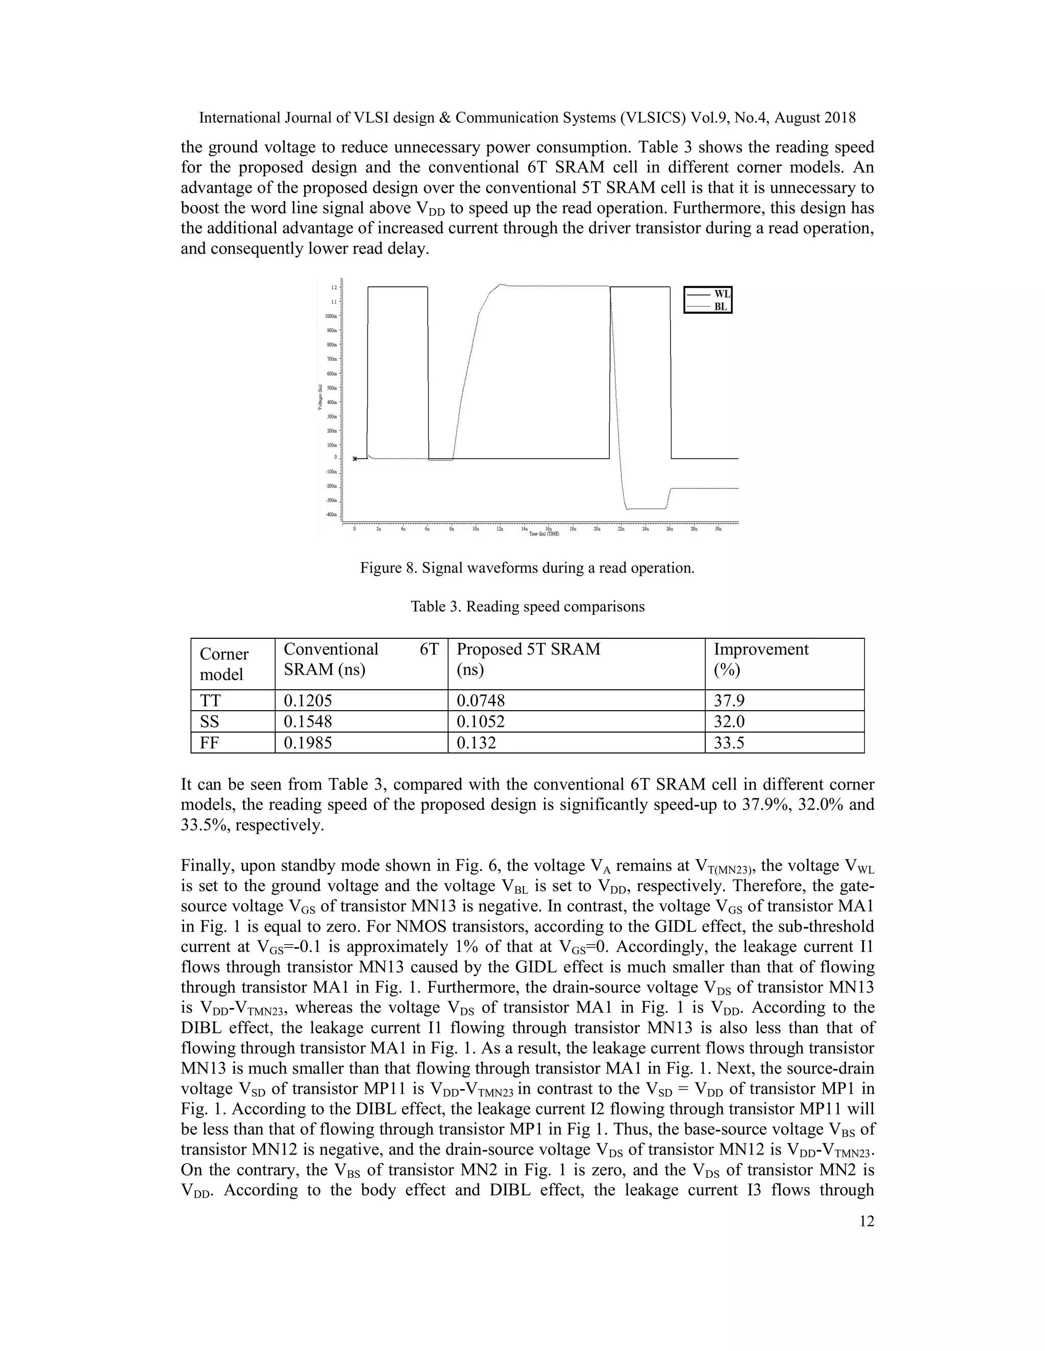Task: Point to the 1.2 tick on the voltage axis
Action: (334, 288)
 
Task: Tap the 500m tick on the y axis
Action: (333, 388)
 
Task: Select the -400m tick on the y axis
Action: (332, 515)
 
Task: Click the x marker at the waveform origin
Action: (355, 459)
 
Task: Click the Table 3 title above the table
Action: (528, 607)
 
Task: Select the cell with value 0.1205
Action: (308, 700)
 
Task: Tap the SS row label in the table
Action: (209, 722)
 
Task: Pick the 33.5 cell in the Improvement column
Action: (729, 743)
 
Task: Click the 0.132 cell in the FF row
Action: (476, 743)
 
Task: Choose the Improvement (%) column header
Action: (761, 659)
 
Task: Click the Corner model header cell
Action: (223, 664)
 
